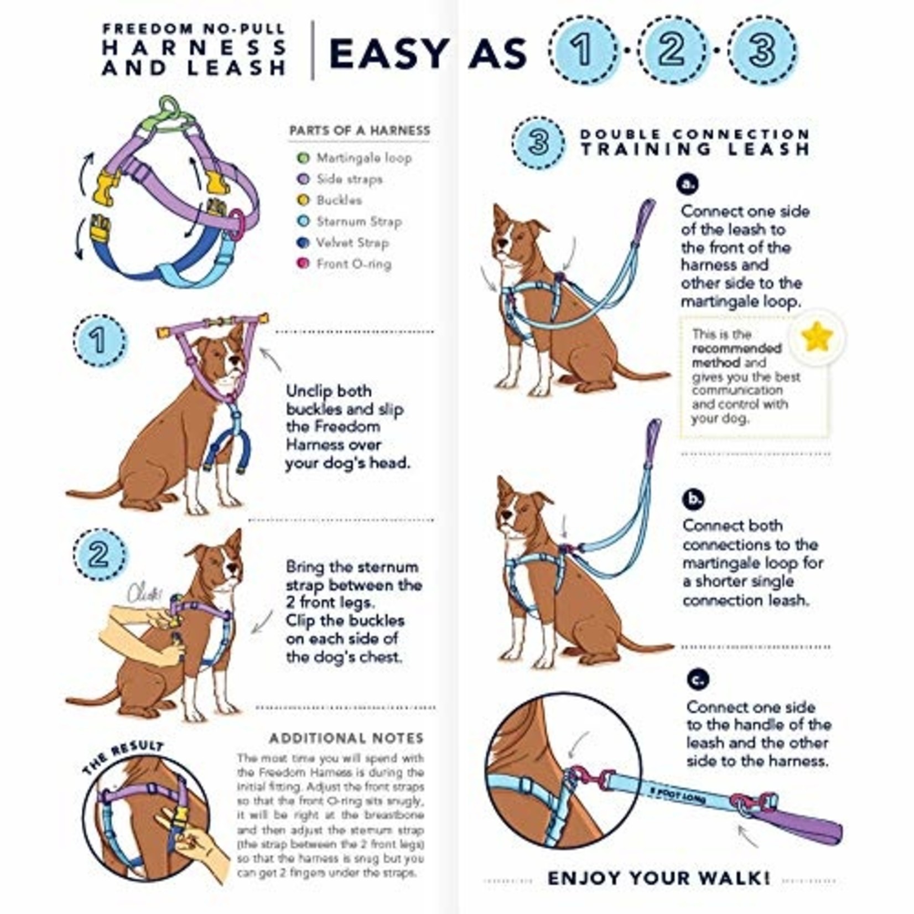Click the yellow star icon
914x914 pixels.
pos(817,337)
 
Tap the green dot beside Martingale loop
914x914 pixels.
pos(303,158)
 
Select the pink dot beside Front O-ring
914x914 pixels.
pos(303,263)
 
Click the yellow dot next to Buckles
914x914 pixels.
pos(303,200)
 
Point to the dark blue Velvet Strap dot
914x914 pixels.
pos(303,242)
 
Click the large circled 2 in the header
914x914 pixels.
pos(672,50)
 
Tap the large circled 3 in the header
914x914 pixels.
pos(762,50)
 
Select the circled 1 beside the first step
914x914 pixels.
pos(100,340)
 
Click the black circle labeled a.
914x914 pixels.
pos(688,184)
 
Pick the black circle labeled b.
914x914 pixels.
pos(693,499)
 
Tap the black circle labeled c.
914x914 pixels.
pos(697,679)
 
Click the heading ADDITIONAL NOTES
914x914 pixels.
pos(346,738)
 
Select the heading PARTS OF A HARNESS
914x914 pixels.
pos(360,131)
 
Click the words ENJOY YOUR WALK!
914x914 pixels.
pos(658,878)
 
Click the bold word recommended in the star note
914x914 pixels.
pos(736,349)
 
